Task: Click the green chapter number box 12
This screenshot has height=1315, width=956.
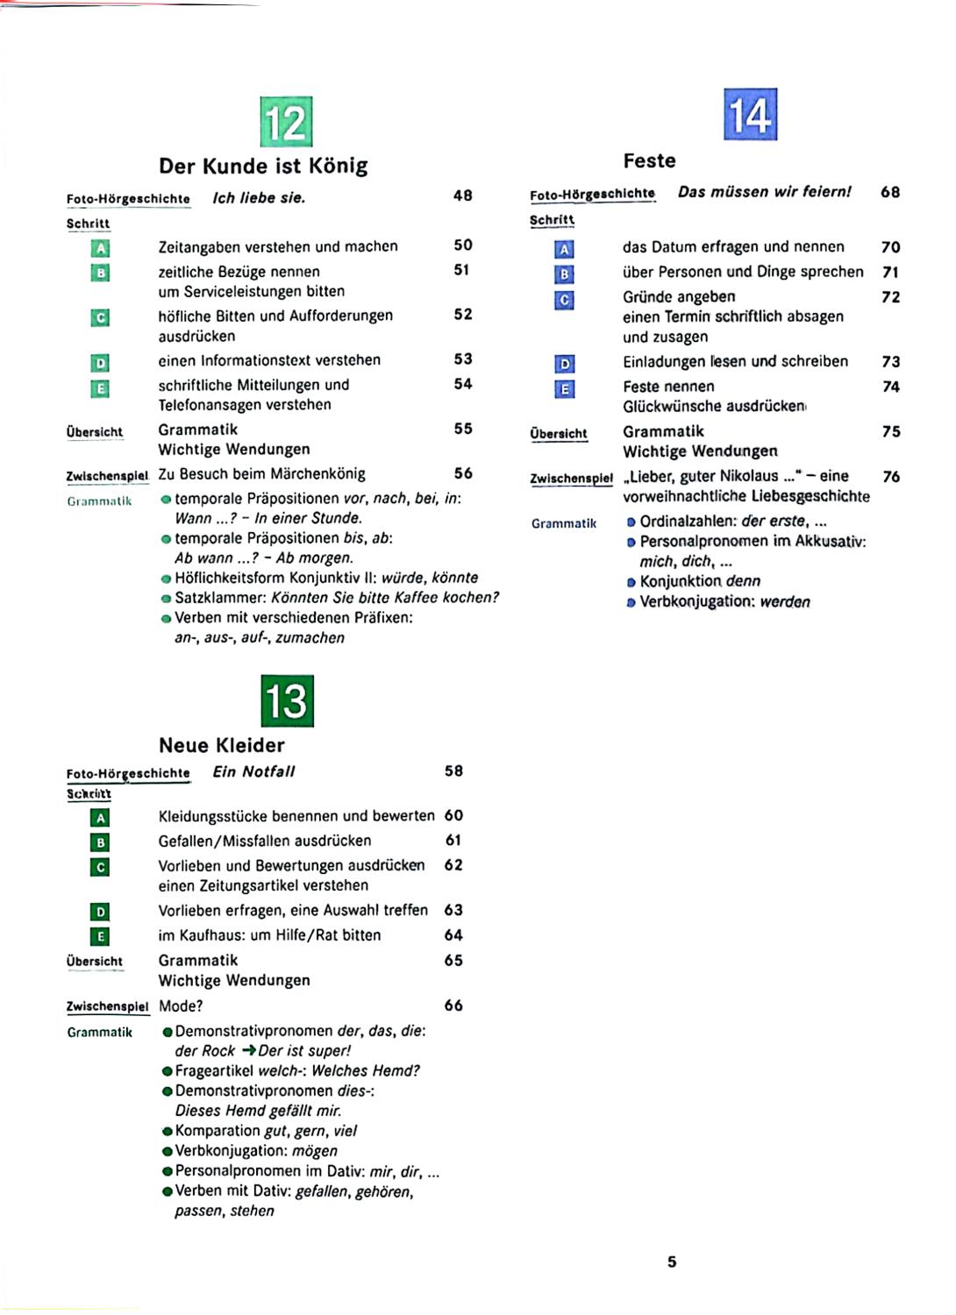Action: click(286, 122)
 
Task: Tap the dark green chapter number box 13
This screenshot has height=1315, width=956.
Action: click(288, 700)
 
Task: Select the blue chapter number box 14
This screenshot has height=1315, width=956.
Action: click(750, 115)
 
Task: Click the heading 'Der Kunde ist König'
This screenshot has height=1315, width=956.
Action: click(263, 166)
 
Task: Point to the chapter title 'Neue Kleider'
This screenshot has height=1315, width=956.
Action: click(222, 745)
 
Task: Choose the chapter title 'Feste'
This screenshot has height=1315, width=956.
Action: click(649, 160)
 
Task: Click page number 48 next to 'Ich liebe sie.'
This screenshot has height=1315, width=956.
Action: click(463, 195)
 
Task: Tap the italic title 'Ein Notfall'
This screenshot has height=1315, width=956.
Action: click(253, 771)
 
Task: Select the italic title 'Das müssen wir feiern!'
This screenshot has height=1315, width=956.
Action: click(764, 192)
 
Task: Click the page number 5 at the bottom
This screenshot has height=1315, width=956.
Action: click(672, 1262)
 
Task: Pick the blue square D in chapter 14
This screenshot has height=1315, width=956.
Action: click(565, 364)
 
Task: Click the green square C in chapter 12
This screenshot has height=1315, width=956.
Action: click(101, 317)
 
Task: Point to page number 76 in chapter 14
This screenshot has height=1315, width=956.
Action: click(891, 477)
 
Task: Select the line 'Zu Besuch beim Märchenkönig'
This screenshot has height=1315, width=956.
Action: click(261, 474)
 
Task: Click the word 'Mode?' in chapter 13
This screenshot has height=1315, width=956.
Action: click(181, 1006)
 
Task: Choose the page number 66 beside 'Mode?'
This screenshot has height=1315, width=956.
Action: click(453, 1006)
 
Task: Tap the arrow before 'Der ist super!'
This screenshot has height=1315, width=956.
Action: click(248, 1051)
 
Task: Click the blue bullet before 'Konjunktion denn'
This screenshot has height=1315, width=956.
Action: click(631, 582)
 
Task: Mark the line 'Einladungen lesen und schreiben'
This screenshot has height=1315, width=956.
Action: click(735, 361)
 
